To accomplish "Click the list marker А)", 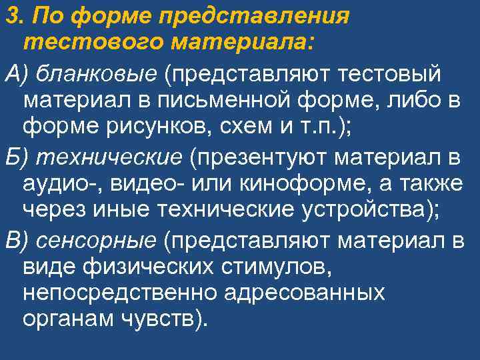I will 17,72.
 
